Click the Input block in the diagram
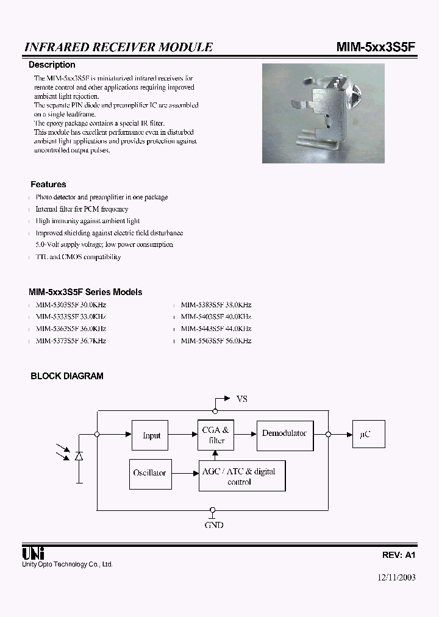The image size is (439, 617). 151,435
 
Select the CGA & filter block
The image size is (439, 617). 215,435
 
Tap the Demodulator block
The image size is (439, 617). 285,433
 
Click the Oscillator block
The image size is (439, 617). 149,473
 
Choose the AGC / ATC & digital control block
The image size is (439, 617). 242,476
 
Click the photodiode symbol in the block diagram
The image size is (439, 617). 79,456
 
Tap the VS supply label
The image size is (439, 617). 242,399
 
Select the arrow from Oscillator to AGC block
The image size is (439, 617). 183,473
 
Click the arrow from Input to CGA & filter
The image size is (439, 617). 184,435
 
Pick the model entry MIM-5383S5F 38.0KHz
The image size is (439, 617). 216,304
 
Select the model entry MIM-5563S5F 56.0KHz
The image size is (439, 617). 216,341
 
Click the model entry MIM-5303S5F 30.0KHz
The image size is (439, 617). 71,304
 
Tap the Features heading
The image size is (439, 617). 48,184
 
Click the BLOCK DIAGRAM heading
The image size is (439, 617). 67,376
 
